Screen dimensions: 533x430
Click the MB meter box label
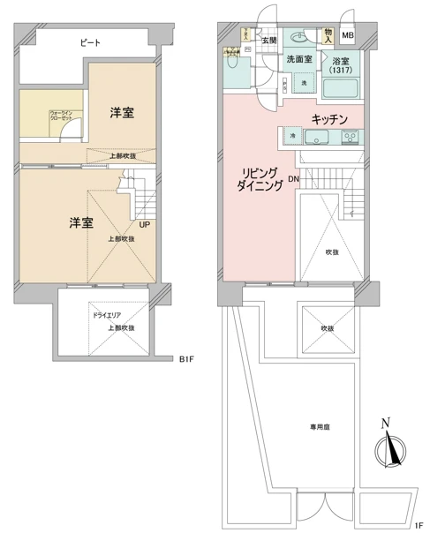point(347,36)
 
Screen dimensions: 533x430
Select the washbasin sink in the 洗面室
point(302,38)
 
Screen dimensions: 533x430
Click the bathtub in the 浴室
point(341,88)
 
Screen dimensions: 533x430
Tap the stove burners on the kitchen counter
point(349,138)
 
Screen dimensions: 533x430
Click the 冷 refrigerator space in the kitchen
point(292,136)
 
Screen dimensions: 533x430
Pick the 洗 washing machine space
point(305,82)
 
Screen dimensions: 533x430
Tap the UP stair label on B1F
point(143,224)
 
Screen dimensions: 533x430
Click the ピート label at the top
point(89,41)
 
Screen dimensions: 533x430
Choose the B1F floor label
point(186,359)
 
